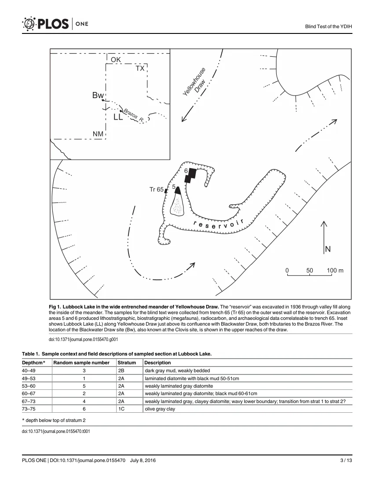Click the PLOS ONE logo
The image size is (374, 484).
[55, 24]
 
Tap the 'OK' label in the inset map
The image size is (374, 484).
[116, 59]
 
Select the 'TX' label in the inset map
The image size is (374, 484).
[140, 68]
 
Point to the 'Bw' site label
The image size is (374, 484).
[98, 95]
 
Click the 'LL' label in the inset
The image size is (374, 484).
[118, 117]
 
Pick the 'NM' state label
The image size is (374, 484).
[98, 134]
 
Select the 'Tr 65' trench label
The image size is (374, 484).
[157, 190]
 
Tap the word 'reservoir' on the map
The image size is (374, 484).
[219, 225]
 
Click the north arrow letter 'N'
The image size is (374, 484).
[328, 249]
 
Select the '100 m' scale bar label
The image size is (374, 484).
[335, 271]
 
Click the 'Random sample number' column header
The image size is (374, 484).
[81, 363]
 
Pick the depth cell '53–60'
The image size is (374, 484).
[29, 386]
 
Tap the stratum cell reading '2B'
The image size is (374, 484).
[121, 371]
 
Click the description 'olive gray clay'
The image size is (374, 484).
[160, 409]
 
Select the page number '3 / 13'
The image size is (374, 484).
[346, 461]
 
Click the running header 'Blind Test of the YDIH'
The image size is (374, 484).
[328, 26]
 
